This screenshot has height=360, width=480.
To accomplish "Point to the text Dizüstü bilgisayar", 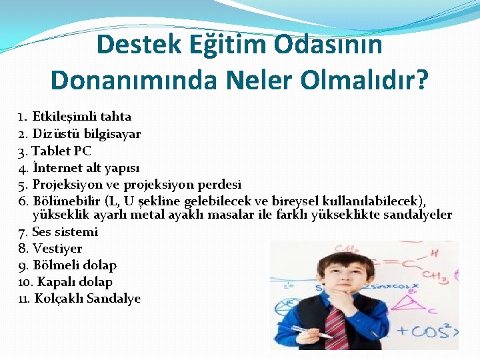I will coord(86,133).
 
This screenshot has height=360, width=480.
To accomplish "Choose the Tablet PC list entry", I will coord(61,151).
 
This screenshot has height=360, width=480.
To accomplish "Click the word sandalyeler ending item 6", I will coord(417,215).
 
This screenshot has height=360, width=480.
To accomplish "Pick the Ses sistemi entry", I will coord(65,232).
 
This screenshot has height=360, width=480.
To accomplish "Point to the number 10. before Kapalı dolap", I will coord(27,282).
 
